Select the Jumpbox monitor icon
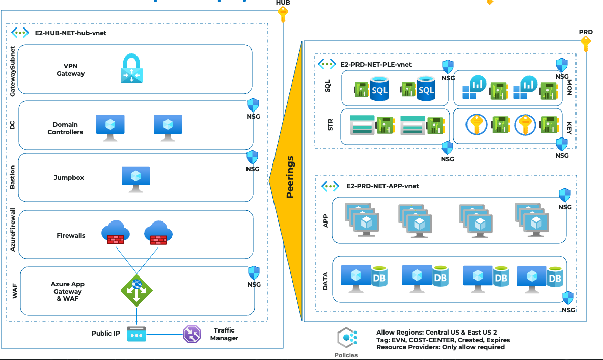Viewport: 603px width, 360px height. [x=136, y=178]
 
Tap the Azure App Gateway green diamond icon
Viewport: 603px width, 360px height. [x=136, y=291]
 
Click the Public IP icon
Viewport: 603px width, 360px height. [x=136, y=334]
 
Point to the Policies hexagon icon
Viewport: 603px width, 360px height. [x=346, y=338]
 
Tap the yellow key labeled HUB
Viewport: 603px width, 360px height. [x=283, y=14]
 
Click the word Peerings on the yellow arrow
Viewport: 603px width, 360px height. [x=290, y=177]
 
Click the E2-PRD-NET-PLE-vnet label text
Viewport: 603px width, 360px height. [x=376, y=65]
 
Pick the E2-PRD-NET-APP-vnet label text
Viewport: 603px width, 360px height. [x=382, y=186]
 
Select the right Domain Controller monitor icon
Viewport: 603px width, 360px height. [x=168, y=127]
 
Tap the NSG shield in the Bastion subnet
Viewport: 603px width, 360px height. [x=253, y=157]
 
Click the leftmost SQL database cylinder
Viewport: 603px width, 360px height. [x=379, y=88]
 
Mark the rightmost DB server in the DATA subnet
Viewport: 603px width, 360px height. [x=540, y=278]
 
